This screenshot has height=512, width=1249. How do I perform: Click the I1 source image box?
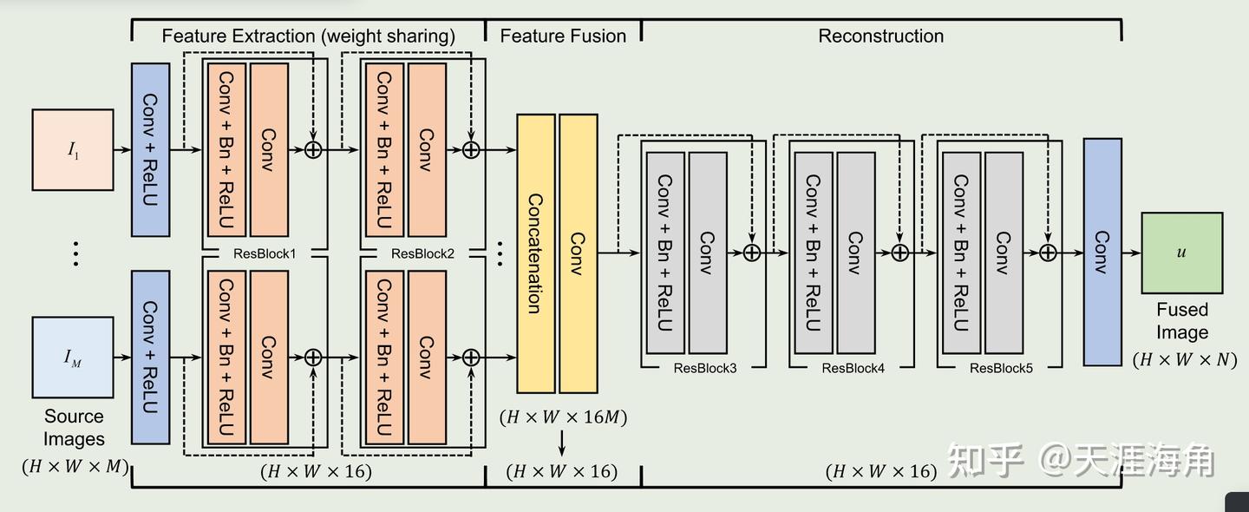(73, 149)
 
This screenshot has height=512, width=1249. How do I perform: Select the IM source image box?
(73, 357)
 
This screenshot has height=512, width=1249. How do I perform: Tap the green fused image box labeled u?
(1181, 253)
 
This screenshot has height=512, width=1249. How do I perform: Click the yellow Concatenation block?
(535, 253)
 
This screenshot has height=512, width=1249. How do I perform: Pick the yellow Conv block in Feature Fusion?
(579, 253)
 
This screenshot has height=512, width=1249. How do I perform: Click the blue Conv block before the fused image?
(1102, 252)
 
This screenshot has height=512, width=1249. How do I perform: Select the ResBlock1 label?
(265, 254)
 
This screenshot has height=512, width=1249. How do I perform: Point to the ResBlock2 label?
(422, 254)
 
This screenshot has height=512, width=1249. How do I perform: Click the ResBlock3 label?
(705, 368)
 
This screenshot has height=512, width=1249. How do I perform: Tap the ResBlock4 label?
(853, 368)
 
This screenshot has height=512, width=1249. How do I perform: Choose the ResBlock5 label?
(1001, 368)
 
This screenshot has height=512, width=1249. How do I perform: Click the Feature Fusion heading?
(563, 36)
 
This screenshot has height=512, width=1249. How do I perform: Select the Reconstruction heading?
(880, 36)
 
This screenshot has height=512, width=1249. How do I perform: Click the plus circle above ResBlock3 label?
(752, 253)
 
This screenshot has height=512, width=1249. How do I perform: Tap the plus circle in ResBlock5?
(1048, 253)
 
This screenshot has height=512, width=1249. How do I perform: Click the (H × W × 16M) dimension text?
(563, 417)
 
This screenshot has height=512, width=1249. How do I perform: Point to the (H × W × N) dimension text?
(1185, 359)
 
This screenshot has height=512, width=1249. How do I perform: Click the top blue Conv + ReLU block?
(150, 149)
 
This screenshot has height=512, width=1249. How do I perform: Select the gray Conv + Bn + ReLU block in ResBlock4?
(813, 253)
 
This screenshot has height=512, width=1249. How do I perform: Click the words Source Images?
(74, 428)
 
